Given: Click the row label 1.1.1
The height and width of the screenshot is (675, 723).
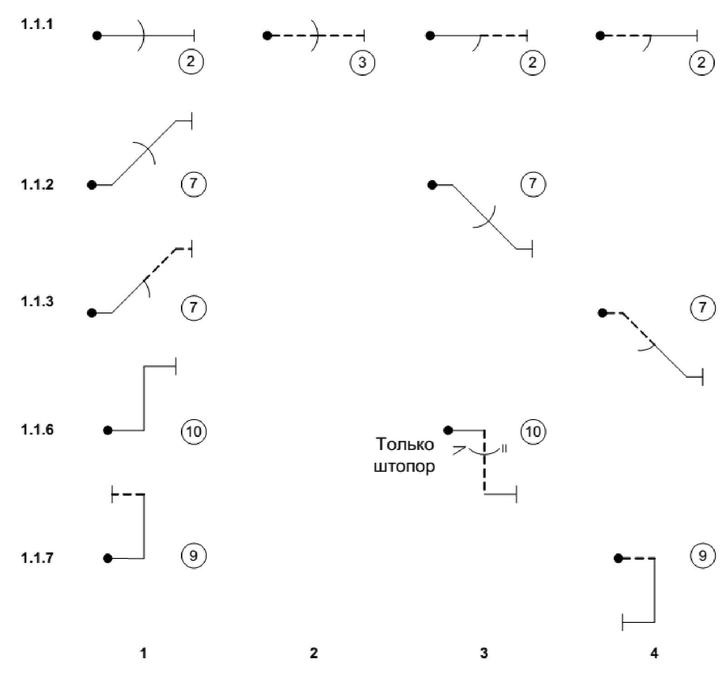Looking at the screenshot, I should (x=37, y=24).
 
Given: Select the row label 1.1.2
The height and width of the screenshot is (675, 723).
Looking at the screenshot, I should (x=37, y=185).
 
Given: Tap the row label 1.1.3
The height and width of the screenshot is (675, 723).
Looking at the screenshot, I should (x=37, y=301).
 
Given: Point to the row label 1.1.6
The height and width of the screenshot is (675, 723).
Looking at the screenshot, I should (x=37, y=429).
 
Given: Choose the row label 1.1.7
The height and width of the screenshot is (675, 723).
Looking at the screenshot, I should (x=37, y=558).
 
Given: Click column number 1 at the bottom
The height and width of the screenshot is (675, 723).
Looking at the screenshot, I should (x=143, y=653).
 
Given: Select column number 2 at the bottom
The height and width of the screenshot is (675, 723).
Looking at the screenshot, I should (x=314, y=653).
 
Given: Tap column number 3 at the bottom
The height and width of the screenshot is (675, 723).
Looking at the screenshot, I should (x=484, y=653).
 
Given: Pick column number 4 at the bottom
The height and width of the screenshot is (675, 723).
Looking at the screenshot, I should (x=654, y=653).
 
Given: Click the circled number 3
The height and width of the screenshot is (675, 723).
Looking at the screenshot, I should (x=362, y=62).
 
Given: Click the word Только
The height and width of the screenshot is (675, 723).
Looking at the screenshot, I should (x=405, y=444).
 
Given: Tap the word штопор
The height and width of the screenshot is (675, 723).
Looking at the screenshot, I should (x=404, y=466).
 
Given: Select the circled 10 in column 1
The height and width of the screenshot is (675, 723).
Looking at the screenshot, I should (x=194, y=431).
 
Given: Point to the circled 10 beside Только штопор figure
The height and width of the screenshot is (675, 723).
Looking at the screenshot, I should (x=533, y=431).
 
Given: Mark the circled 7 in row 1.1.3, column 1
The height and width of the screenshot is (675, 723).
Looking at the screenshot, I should (x=194, y=308).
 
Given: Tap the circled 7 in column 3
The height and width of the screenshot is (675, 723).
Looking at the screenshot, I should (x=532, y=184).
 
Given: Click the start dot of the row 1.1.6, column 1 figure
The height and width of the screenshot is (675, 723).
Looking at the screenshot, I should (x=107, y=430).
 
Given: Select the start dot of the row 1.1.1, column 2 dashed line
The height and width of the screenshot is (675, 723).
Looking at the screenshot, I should (x=268, y=35).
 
